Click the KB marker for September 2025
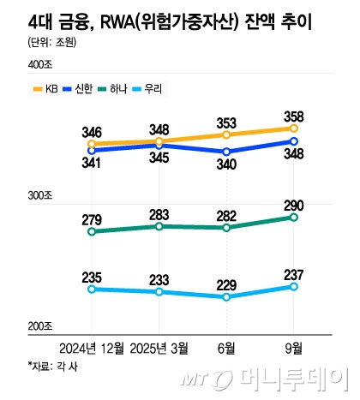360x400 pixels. [294, 128]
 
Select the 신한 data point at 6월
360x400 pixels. [226, 152]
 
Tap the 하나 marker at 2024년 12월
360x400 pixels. [92, 231]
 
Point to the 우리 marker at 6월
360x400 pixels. [226, 297]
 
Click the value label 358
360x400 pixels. [295, 114]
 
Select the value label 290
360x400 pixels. [295, 203]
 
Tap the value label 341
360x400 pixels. [92, 163]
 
